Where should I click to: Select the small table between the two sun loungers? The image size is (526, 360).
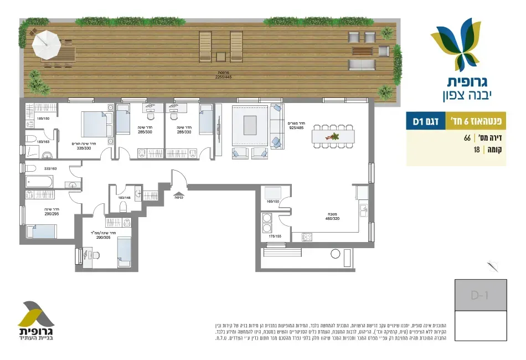pos(221,56)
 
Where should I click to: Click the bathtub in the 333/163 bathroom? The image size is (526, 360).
pos(40,182)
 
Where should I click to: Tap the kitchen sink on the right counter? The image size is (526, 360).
pos(363,210)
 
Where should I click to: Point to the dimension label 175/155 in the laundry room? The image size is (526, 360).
pos(275,236)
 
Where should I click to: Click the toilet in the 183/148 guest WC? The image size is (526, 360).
pos(123,207)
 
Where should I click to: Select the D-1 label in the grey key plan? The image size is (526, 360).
pos(479,295)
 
